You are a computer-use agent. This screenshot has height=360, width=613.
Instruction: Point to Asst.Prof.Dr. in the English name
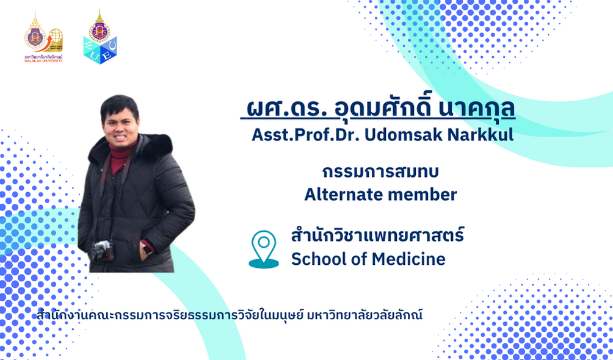click(x=306, y=135)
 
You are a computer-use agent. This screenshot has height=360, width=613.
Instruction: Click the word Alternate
click(x=343, y=194)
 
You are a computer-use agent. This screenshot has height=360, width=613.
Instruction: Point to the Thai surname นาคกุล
click(x=477, y=109)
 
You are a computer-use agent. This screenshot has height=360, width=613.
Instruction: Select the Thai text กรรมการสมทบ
click(x=380, y=172)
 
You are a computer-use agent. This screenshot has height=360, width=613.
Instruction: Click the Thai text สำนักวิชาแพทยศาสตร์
click(x=378, y=236)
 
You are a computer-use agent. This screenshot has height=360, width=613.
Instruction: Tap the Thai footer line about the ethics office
click(x=230, y=315)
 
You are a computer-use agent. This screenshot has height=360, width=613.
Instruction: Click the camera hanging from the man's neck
click(x=101, y=251)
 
